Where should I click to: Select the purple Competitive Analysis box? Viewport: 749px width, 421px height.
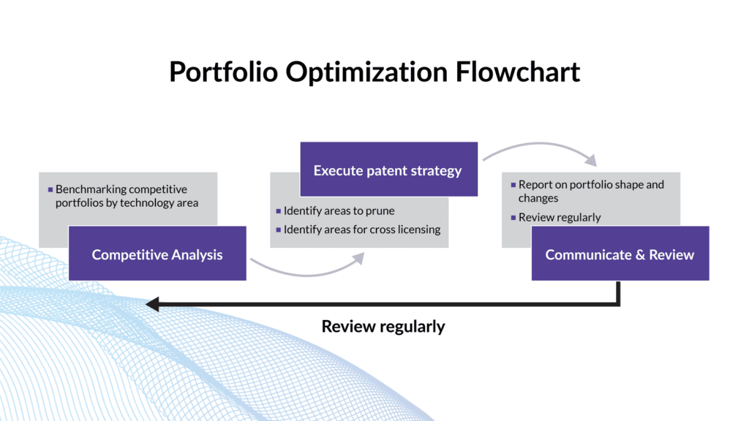(x=157, y=254)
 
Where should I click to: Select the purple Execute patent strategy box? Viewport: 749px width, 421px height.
(x=388, y=170)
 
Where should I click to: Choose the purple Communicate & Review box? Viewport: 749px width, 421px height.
(x=620, y=254)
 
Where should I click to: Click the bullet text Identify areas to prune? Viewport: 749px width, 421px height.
(x=339, y=210)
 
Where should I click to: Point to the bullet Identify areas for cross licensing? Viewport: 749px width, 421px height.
(x=362, y=230)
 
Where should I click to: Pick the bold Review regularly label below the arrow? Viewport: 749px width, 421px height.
(x=383, y=326)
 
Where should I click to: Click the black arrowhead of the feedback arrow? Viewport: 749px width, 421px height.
(x=151, y=303)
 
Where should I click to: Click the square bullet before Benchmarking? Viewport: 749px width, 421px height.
(x=50, y=189)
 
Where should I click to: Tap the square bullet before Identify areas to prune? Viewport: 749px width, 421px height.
(x=279, y=210)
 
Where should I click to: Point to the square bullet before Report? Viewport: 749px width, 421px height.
(x=513, y=185)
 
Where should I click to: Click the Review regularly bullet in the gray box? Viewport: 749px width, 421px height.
(x=559, y=217)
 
